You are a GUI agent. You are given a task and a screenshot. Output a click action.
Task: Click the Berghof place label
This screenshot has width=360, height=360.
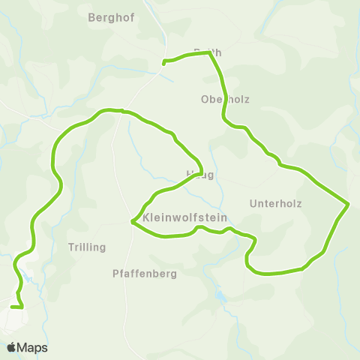[111, 18]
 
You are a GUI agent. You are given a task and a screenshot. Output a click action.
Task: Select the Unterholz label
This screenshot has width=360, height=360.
[274, 203]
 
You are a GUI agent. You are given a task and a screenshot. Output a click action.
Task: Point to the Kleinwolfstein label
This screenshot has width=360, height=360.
[184, 217]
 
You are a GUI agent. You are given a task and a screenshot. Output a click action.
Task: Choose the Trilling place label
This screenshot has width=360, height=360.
[87, 247]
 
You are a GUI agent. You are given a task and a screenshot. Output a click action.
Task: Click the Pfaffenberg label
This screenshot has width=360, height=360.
[144, 274]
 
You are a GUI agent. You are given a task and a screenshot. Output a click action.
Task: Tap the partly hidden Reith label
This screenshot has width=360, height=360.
[208, 52]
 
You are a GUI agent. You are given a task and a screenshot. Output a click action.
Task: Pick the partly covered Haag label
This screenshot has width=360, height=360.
[200, 175]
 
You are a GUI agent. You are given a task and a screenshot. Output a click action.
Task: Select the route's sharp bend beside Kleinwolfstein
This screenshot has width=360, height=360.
[132, 222]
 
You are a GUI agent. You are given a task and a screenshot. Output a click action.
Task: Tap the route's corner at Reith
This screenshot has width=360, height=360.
[209, 53]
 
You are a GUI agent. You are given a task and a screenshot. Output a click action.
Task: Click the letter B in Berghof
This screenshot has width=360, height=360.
[91, 18]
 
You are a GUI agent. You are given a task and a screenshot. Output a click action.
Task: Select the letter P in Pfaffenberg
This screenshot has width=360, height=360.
[115, 274]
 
